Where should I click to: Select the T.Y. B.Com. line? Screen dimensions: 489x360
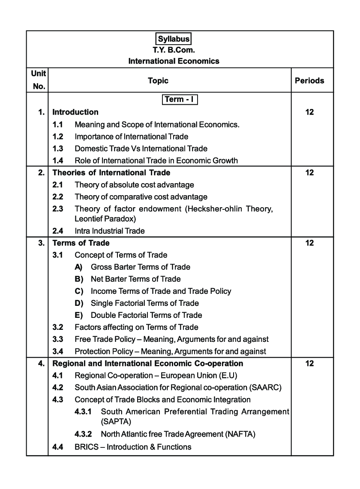click(174, 50)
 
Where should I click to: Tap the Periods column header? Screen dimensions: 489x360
click(309, 80)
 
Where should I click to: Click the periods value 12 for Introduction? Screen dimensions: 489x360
click(309, 112)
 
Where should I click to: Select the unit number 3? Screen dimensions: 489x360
click(41, 243)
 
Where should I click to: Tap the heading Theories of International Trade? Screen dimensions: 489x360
click(111, 172)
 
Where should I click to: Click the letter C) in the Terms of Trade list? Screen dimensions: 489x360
click(78, 291)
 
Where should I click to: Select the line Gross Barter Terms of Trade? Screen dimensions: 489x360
click(140, 267)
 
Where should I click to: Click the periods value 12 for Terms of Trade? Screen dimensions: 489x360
click(309, 243)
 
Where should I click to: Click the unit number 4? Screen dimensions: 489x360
click(41, 363)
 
